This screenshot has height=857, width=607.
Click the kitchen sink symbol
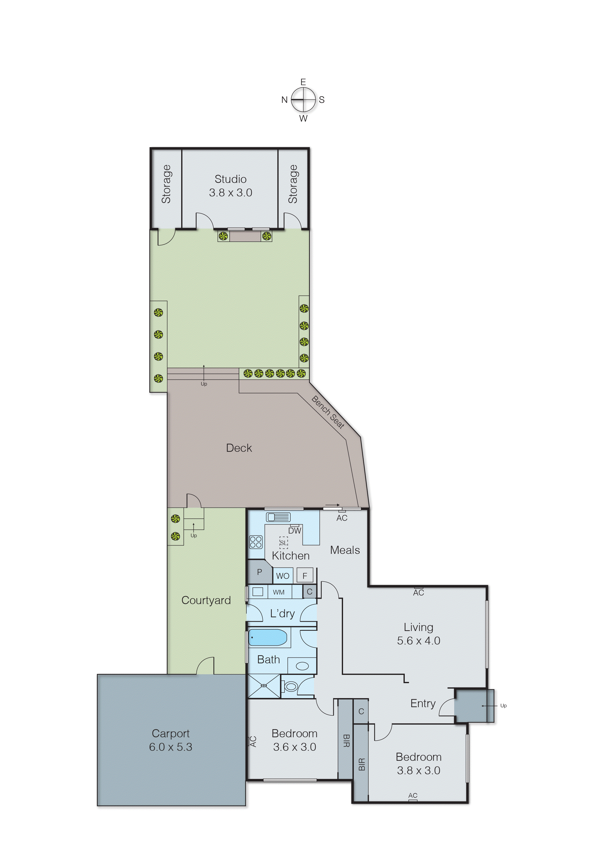278,517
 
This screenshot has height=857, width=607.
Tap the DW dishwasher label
295,530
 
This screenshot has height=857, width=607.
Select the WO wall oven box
283,576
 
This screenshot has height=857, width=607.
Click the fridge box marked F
305,576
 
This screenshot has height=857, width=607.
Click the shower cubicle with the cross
264,686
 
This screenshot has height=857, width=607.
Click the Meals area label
345,550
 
